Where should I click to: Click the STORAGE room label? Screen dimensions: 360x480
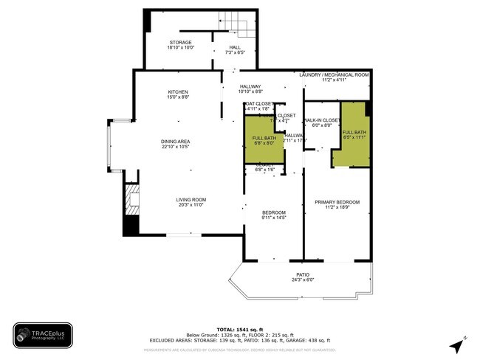pos(181,43)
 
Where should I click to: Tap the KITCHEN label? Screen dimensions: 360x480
pos(178,92)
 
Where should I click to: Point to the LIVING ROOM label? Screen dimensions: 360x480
pos(191,199)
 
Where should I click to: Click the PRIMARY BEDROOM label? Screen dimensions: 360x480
pos(337,201)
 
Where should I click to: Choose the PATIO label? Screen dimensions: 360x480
pos(303,274)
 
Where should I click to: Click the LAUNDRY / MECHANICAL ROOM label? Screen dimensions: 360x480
pos(334,75)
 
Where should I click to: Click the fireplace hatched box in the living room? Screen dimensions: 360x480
pos(131,199)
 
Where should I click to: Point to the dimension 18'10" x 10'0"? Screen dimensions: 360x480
pos(181,48)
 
